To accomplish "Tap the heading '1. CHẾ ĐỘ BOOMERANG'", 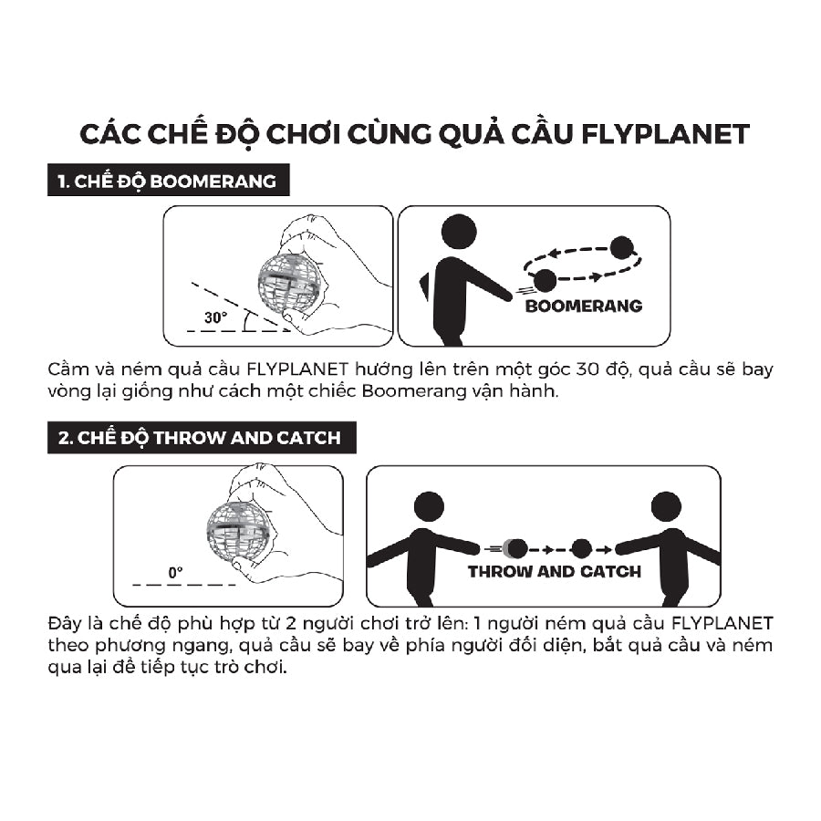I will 167,181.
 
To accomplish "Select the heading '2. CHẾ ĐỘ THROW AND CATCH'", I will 200,438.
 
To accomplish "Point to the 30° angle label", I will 215,318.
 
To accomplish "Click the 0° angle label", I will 175,572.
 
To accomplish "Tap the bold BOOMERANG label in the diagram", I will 583,306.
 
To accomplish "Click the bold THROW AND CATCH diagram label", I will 554,572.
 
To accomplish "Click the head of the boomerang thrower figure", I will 458,232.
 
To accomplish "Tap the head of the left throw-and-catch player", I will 429,506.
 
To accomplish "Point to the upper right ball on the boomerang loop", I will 622,247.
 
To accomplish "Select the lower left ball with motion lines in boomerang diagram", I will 545,281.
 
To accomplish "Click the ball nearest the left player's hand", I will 516,548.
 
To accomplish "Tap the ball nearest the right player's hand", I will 581,548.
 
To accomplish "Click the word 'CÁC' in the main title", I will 111,133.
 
